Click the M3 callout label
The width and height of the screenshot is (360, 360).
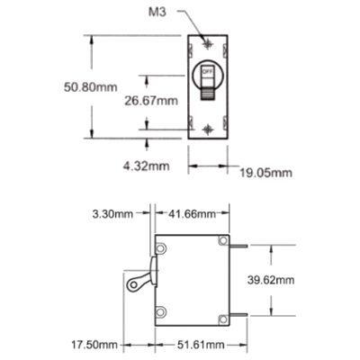point(157,13)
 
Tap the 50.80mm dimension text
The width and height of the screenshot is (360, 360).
point(91,87)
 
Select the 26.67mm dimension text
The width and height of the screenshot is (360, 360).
point(151,101)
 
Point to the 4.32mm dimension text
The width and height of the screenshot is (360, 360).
point(146,166)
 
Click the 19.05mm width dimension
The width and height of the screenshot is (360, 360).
point(265,173)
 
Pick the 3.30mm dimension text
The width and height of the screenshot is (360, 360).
point(112,214)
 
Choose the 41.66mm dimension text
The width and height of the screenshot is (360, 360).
point(192,214)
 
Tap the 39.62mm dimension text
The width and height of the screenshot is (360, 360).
point(271,280)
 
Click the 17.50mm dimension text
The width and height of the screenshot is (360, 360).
point(94,345)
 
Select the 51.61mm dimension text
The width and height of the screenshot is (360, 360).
point(201,345)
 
